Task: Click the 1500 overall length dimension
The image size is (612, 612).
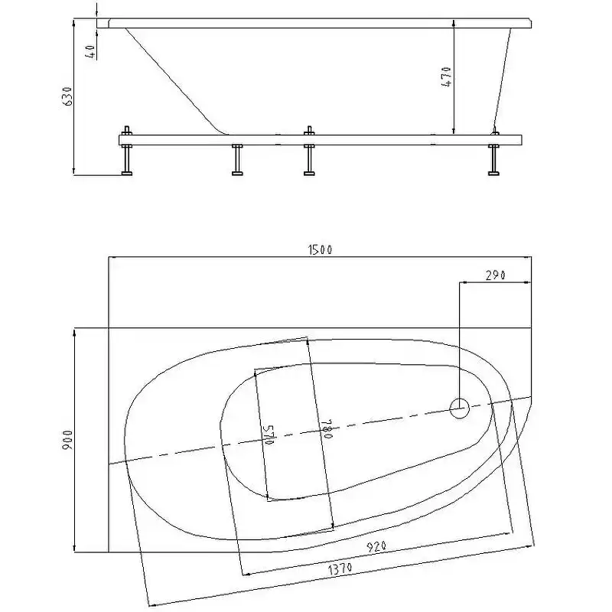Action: tap(320, 249)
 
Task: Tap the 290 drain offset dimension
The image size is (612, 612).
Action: tap(495, 275)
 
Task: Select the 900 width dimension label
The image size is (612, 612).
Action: tap(67, 440)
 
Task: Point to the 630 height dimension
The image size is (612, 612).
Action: tap(68, 96)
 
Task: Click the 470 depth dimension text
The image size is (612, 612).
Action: tap(447, 77)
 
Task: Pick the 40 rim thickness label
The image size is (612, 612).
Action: tap(90, 51)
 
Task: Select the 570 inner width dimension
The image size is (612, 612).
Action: tap(269, 435)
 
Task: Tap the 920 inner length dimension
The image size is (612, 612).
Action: tap(376, 546)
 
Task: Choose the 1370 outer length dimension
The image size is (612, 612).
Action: tap(340, 568)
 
